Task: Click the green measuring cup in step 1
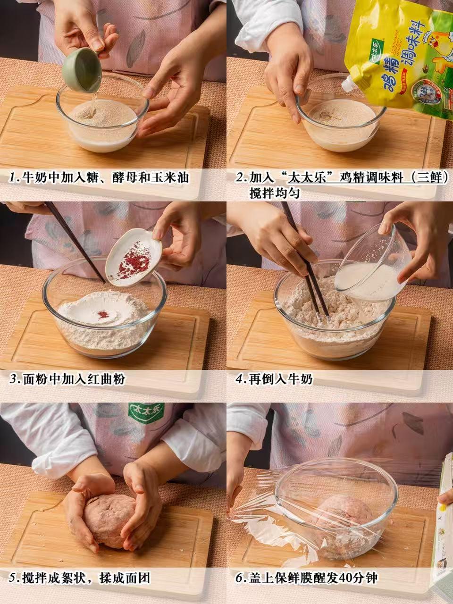point(83,71)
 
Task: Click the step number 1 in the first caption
point(13,178)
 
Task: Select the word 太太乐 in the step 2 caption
point(308,178)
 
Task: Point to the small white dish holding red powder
point(134,257)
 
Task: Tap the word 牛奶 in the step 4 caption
point(300,379)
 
